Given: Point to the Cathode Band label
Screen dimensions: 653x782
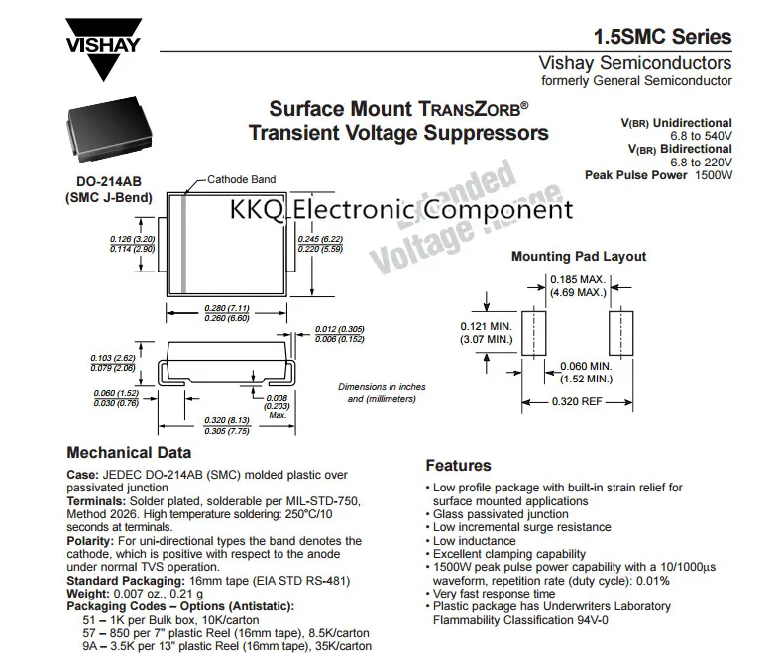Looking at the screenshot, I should (x=241, y=179).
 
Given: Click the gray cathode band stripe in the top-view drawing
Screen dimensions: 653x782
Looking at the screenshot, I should (x=183, y=243).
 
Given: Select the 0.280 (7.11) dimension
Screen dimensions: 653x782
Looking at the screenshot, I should (x=226, y=308).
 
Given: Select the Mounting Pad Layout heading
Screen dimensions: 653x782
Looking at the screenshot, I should (x=578, y=257).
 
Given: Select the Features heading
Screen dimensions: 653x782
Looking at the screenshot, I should (x=458, y=465).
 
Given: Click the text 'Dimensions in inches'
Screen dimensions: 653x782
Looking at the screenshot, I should (x=383, y=386).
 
